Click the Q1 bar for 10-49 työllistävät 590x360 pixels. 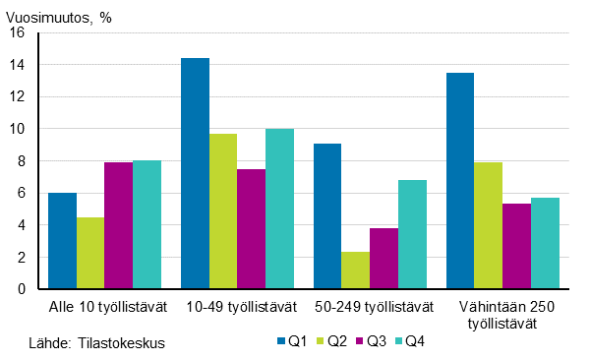pos(195,174)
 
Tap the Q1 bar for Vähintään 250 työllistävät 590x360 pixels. pos(460,181)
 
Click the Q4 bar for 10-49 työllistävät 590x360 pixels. pos(279,210)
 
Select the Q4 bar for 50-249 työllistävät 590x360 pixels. pos(412,235)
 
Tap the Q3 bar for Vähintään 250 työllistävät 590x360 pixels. pos(516,247)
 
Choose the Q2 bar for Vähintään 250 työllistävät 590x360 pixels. pos(488,226)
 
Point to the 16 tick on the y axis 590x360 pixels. pos(17,32)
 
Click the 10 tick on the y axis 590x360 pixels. pos(17,129)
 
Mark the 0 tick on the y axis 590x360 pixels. pos(21,289)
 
